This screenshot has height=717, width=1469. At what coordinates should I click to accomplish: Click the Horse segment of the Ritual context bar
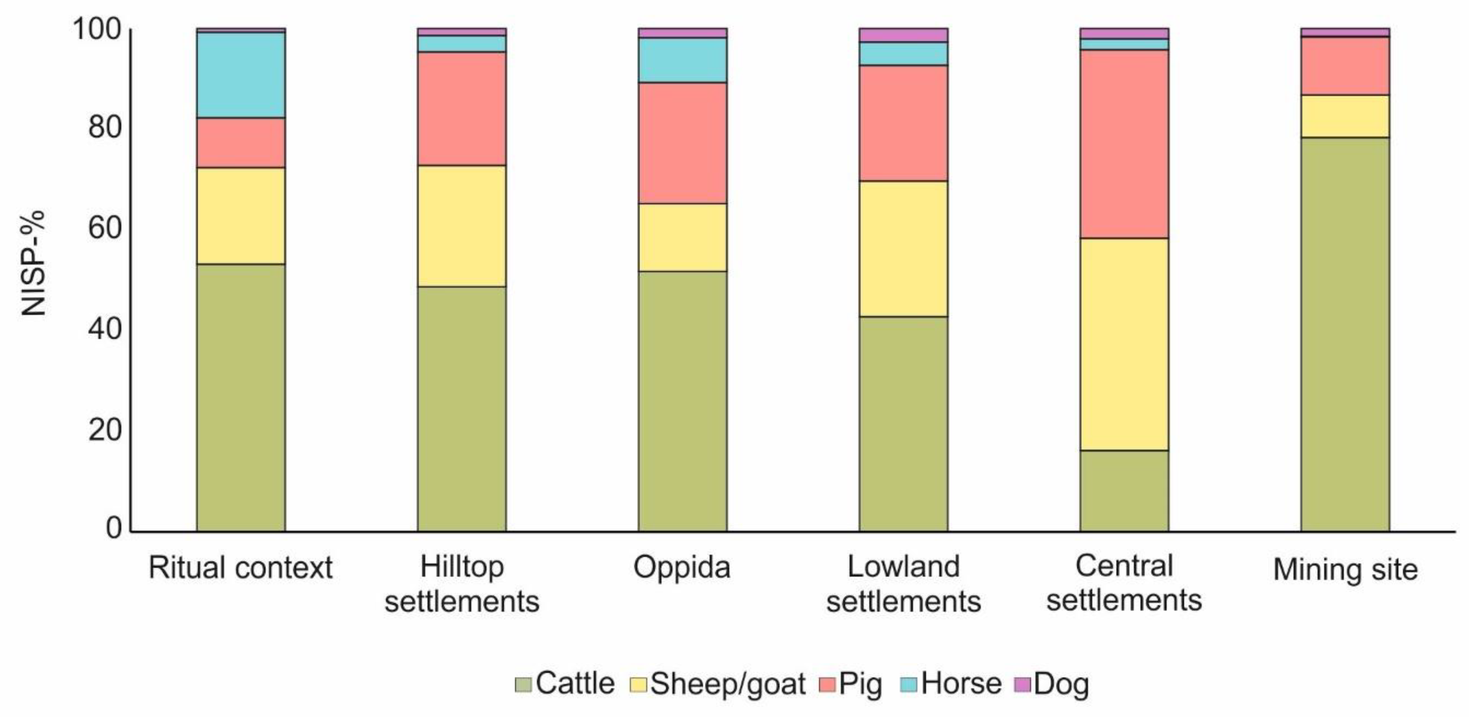(241, 75)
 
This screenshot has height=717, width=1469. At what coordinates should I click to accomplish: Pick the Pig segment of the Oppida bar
(683, 143)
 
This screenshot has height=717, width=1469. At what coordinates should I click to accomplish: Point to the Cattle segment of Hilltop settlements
(461, 408)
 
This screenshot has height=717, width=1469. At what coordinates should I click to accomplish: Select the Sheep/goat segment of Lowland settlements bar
(903, 249)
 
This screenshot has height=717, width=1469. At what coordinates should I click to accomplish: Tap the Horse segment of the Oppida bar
(683, 60)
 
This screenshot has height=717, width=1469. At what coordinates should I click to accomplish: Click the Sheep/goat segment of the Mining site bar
(1345, 116)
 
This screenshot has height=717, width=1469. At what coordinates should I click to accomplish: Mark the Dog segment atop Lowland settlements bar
(903, 35)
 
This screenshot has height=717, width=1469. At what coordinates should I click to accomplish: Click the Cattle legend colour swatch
(522, 684)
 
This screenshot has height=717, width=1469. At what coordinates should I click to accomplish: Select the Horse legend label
(961, 684)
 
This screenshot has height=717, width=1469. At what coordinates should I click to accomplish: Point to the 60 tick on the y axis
(106, 228)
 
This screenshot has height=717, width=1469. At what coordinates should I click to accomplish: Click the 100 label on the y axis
(97, 29)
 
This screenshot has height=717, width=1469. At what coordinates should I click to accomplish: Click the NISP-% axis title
(33, 263)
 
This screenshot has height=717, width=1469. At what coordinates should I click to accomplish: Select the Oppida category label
(682, 568)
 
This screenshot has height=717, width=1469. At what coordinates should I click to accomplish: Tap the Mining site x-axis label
(1345, 569)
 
